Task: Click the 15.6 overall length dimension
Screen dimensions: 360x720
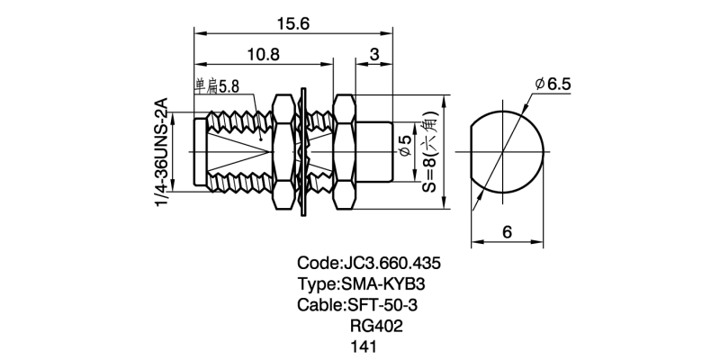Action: point(293,24)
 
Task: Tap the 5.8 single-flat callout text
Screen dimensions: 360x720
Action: point(217,87)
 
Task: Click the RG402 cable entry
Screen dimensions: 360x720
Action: point(375,326)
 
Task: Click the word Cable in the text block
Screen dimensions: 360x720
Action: point(319,305)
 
